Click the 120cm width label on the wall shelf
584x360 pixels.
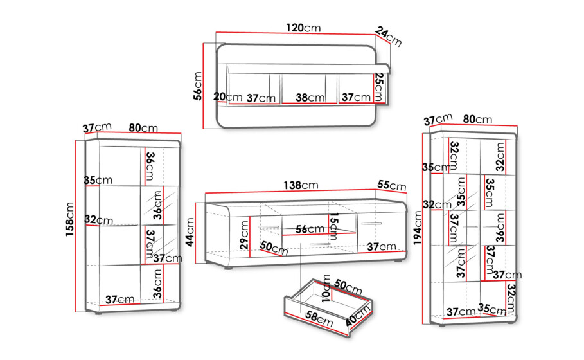(x=303, y=28)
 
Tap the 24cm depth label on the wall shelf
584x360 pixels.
(x=389, y=37)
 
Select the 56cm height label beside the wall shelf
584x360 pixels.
(x=197, y=86)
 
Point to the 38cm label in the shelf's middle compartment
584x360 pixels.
(x=310, y=98)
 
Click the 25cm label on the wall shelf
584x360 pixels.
(x=379, y=87)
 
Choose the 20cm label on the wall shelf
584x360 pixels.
(x=228, y=97)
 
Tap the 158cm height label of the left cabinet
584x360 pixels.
(x=70, y=219)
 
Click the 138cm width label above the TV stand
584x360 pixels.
(x=301, y=185)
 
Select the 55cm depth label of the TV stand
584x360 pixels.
(x=392, y=185)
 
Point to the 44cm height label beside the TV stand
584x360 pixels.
(x=190, y=232)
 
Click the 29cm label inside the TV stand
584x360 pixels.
(x=244, y=235)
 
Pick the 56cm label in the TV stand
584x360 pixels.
(x=310, y=230)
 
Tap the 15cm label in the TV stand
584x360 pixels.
(x=333, y=226)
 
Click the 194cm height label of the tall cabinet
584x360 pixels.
(x=418, y=228)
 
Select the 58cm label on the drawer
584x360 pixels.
(x=319, y=319)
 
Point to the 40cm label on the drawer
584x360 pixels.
(x=358, y=315)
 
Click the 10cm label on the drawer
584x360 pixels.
(x=326, y=288)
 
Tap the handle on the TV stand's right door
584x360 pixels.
(x=371, y=224)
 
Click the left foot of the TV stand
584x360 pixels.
(x=228, y=267)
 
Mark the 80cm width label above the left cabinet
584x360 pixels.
(x=143, y=128)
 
